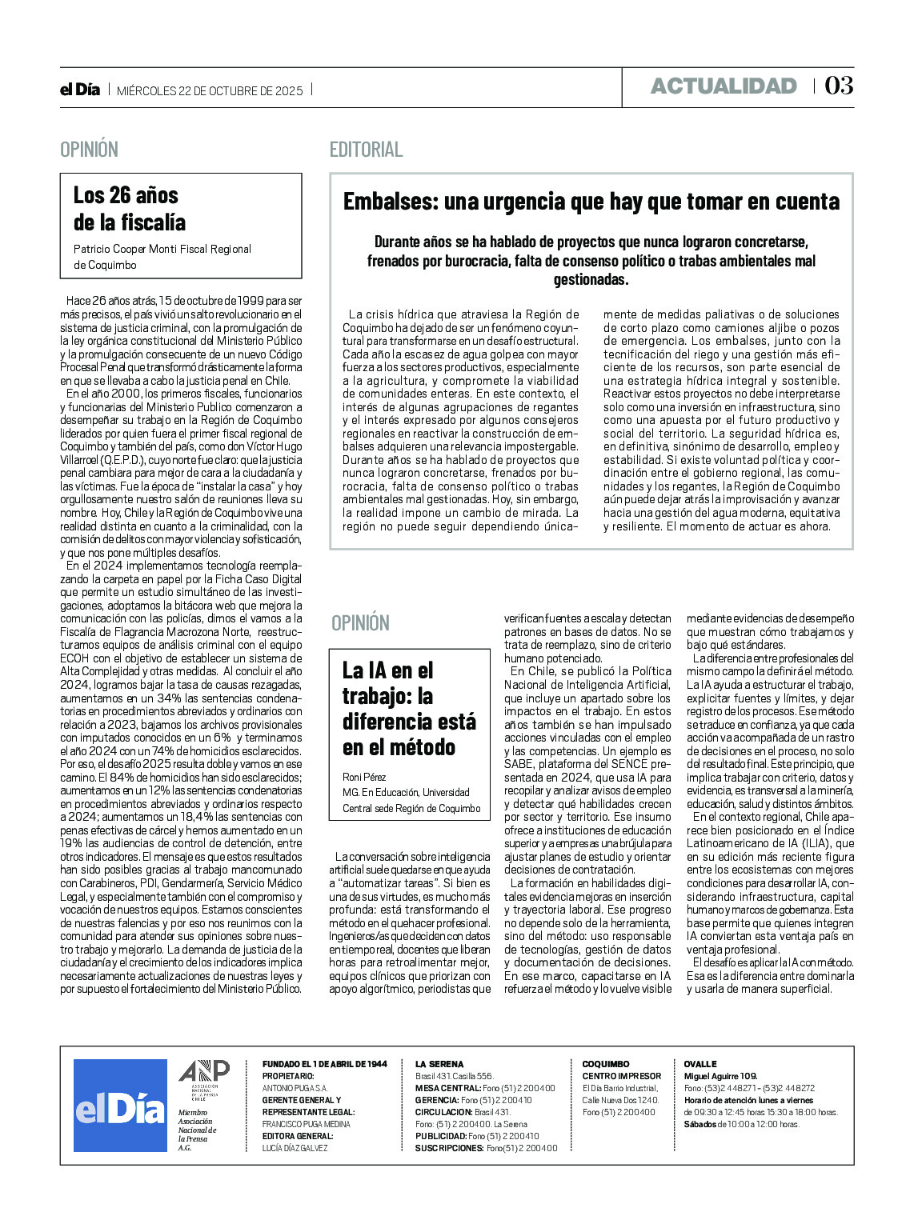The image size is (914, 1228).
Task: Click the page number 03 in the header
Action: [x=839, y=86]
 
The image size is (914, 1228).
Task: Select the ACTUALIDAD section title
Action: [x=724, y=86]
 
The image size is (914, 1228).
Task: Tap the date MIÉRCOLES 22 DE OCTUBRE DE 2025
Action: [x=210, y=91]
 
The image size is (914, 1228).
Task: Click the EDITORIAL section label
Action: [x=366, y=150]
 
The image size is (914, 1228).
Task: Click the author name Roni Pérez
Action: [x=364, y=777]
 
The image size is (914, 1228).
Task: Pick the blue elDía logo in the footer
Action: [x=120, y=1106]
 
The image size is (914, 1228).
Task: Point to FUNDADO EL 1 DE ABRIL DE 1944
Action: [x=324, y=1064]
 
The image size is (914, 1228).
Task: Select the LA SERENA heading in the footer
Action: [x=439, y=1064]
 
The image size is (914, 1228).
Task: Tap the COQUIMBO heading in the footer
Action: [x=606, y=1064]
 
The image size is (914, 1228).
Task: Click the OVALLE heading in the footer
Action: [x=700, y=1064]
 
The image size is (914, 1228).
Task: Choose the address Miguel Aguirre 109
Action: [x=720, y=1076]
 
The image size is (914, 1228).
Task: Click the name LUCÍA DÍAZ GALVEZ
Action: [x=295, y=1148]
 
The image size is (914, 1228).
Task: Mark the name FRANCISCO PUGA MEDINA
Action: [x=306, y=1124]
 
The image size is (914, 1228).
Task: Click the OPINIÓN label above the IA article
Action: [x=360, y=623]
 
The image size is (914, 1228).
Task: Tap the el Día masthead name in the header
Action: [x=80, y=90]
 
